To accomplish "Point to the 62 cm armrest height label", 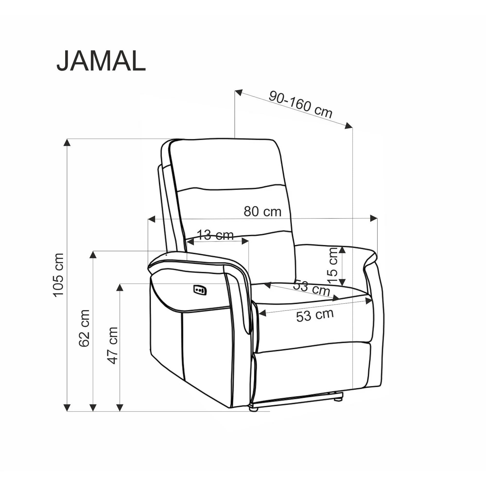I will tap(84, 328).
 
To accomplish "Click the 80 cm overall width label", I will tap(262, 212).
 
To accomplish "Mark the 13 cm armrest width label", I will tap(215, 235).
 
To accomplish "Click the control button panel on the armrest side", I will tap(200, 290).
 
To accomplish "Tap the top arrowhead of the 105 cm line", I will tap(67, 142).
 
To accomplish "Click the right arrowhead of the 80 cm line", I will tap(374, 218).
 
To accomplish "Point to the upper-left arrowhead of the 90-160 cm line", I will tap(238, 92).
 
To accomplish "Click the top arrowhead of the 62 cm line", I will tap(93, 255).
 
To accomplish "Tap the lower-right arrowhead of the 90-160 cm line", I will tap(349, 126).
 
